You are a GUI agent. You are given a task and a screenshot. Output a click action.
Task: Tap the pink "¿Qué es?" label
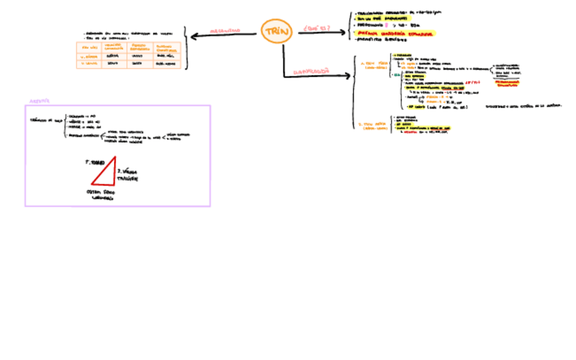(x=316, y=28)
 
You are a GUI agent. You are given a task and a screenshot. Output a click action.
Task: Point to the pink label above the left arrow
(x=225, y=31)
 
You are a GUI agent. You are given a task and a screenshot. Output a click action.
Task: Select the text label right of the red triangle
(x=127, y=175)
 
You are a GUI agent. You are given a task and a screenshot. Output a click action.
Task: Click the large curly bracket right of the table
(x=185, y=48)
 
